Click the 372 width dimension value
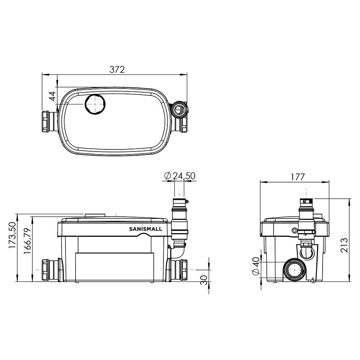tap(117, 69)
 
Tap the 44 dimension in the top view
tap(53, 96)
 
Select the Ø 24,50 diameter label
tap(180, 176)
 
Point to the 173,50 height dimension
tap(12, 235)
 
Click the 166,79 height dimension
tap(27, 241)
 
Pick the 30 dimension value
tap(204, 280)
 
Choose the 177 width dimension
tap(298, 177)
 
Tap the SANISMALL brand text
tap(145, 229)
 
